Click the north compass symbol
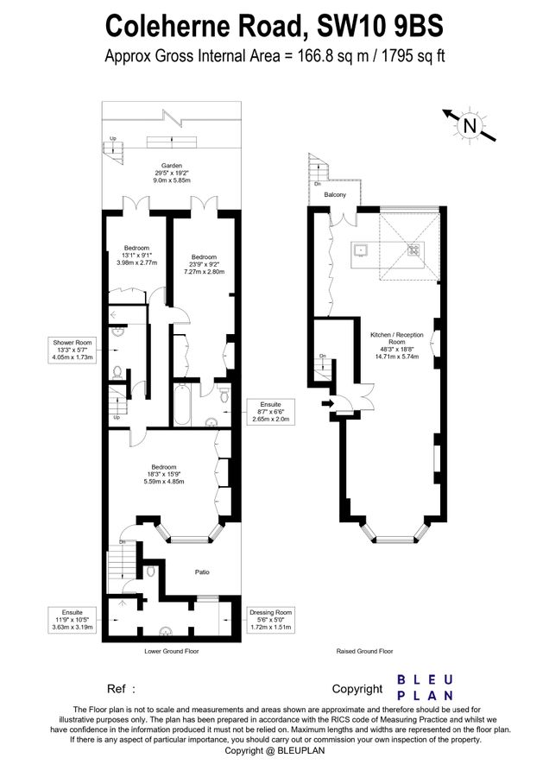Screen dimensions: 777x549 470,125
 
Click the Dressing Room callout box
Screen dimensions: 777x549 270,620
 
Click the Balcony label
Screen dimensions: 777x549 335,195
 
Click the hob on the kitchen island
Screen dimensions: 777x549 413,251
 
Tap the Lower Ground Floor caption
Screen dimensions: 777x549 171,651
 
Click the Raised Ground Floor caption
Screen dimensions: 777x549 365,651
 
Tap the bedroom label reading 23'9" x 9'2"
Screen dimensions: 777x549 204,264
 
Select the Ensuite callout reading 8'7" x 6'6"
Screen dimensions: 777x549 270,409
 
